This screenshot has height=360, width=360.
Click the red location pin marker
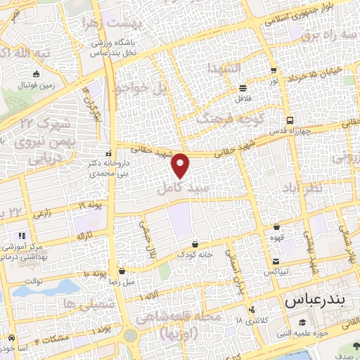181,165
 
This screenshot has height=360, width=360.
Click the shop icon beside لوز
274,70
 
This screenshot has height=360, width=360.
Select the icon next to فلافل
243,88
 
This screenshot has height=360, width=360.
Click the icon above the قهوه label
276,226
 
